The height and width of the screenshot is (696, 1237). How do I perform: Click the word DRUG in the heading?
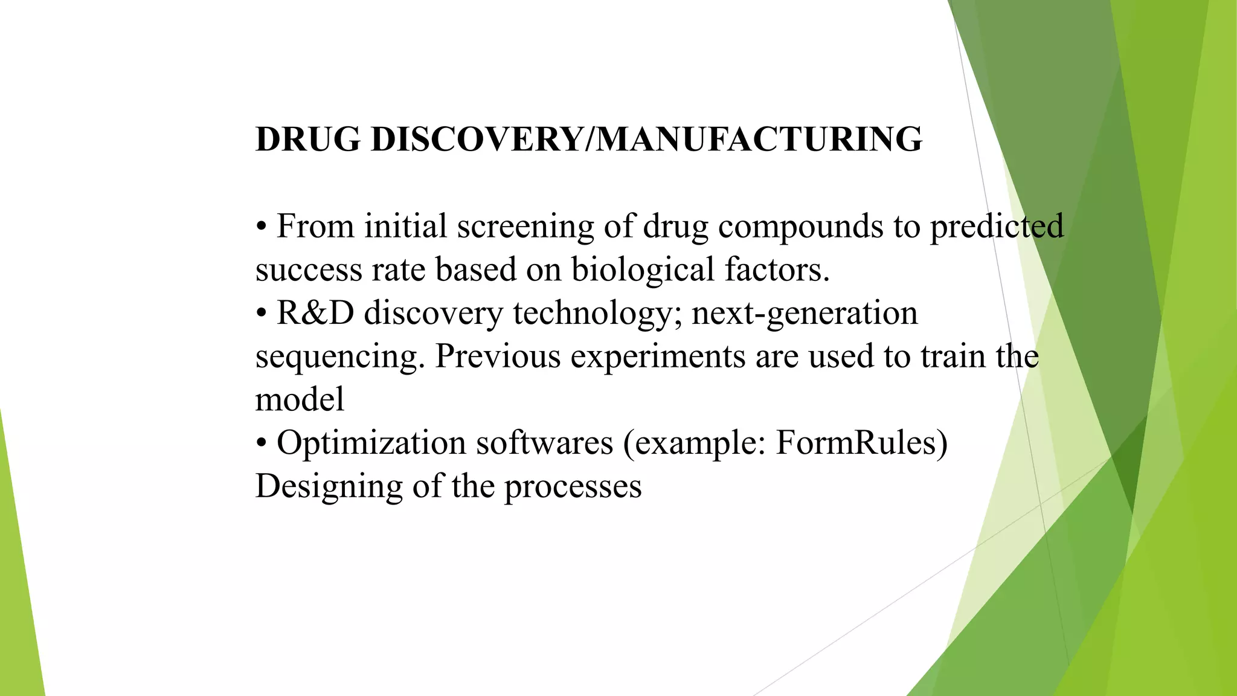(307, 140)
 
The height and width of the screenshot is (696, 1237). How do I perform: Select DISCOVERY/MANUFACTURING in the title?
(646, 140)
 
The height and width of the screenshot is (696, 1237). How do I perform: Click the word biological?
(643, 270)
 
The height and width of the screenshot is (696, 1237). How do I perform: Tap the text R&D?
(315, 314)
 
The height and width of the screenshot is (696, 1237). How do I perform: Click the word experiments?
(658, 357)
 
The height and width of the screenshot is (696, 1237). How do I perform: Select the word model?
(300, 400)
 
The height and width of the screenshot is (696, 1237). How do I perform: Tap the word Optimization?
(371, 443)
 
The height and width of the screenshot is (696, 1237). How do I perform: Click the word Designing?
(329, 487)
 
